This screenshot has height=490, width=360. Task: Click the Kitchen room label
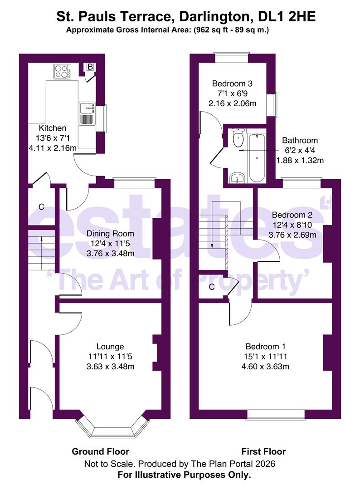coord(53,128)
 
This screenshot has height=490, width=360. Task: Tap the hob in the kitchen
coord(62,72)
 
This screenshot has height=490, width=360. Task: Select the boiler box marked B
coord(90,67)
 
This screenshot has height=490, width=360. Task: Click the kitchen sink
coord(87,113)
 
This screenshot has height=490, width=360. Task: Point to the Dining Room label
coord(110,234)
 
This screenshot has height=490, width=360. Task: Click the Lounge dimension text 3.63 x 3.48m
coord(111,366)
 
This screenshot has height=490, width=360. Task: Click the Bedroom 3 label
coord(232,83)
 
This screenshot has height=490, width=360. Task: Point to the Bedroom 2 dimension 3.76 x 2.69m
coord(292,235)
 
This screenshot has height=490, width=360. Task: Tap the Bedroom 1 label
coord(265,346)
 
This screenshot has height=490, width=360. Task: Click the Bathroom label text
coord(300,140)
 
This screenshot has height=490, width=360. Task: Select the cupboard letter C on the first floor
coord(212,287)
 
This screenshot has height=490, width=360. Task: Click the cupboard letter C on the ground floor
coord(41,207)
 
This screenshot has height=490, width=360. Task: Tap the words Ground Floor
coord(100,451)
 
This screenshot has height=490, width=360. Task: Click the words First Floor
coord(263,451)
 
